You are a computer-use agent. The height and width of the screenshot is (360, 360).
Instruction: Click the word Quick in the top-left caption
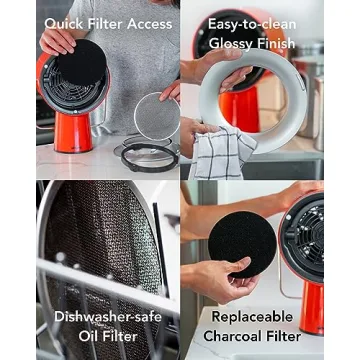pyautogui.click(x=60, y=24)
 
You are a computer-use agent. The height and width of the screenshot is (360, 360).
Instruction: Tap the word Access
pyautogui.click(x=146, y=24)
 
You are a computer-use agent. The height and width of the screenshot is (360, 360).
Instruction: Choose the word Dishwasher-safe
pyautogui.click(x=106, y=319)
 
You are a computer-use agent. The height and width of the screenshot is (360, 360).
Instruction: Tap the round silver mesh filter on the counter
pyautogui.click(x=156, y=116)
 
